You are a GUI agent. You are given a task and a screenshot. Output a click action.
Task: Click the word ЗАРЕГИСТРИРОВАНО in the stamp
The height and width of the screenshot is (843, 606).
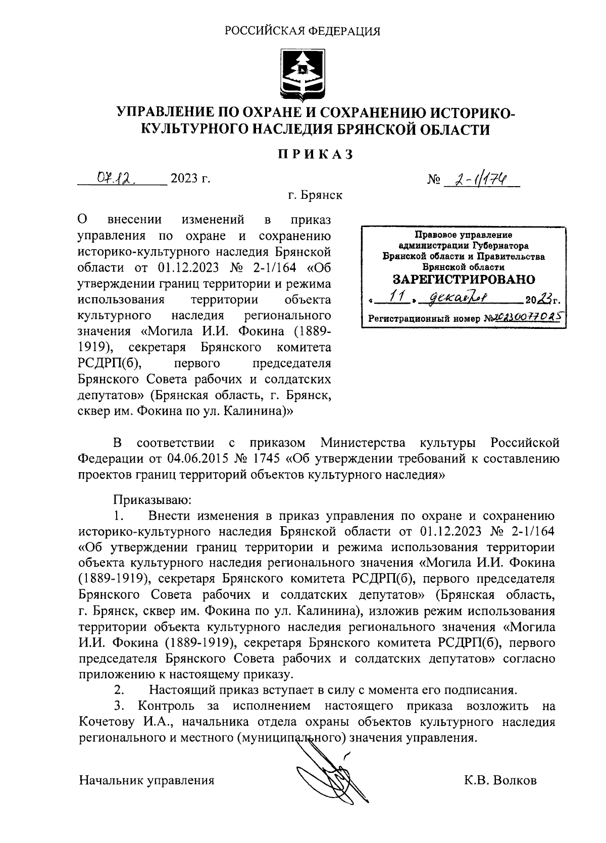(464, 279)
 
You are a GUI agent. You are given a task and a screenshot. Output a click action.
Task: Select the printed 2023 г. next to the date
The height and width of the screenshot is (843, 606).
(190, 179)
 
